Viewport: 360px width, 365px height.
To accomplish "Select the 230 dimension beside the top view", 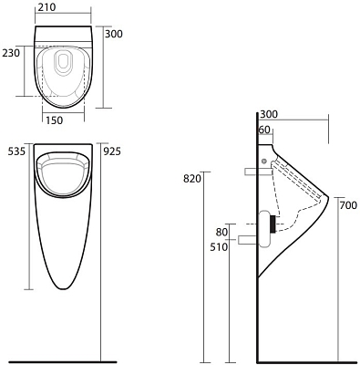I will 10,53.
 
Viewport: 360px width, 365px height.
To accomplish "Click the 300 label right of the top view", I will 113,34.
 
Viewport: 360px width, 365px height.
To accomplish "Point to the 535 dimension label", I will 15,151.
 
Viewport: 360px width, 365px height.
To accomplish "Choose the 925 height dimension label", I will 113,151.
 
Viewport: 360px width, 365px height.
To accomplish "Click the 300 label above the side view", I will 268,115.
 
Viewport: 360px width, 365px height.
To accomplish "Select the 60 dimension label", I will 264,130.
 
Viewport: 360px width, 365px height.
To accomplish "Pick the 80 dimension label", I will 221,231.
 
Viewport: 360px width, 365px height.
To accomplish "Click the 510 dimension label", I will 219,246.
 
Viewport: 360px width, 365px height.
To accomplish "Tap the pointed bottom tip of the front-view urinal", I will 63,289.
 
